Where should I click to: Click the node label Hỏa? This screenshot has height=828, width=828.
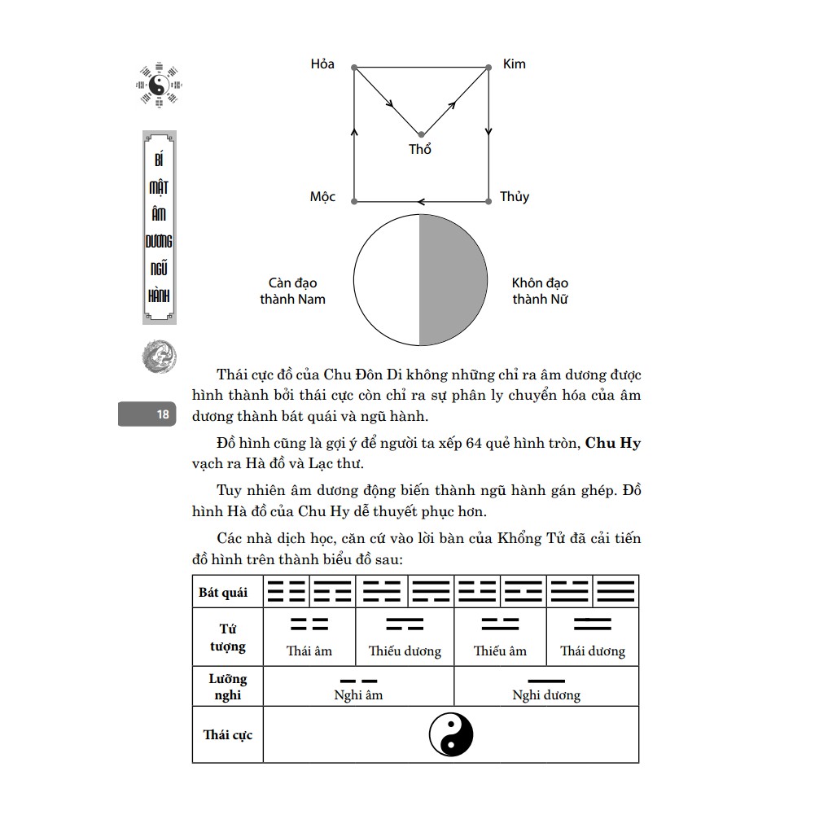[x=322, y=64]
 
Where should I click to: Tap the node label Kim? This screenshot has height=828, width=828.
[x=514, y=64]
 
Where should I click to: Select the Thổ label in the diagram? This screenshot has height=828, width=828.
[x=420, y=150]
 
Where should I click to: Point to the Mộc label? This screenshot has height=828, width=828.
[x=322, y=197]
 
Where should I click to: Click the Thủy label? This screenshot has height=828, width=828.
[x=515, y=197]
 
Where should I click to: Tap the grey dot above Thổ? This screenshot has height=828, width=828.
[x=421, y=134]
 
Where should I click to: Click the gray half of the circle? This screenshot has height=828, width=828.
[x=453, y=279]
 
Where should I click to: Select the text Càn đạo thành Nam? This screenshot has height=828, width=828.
[x=292, y=291]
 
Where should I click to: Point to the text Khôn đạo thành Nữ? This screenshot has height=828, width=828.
[x=540, y=291]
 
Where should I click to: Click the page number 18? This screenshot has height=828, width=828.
[x=163, y=414]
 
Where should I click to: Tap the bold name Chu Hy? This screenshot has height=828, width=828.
[x=613, y=444]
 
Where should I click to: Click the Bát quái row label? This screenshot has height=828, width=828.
[x=223, y=592]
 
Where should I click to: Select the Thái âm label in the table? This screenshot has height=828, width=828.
[x=309, y=651]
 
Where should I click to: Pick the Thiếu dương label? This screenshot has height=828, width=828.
[x=405, y=651]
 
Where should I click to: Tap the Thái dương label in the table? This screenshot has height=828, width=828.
[x=593, y=651]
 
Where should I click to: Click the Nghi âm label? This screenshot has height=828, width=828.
[x=358, y=695]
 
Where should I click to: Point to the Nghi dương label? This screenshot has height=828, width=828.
[x=546, y=695]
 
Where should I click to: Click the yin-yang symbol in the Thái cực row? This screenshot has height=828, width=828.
[x=451, y=734]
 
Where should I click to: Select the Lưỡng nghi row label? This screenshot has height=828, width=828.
[x=227, y=687]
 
